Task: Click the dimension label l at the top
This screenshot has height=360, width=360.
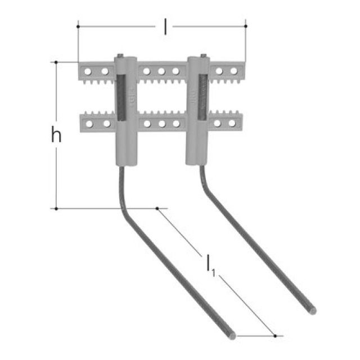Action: pyautogui.click(x=165, y=26)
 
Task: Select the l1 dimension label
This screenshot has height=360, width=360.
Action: pyautogui.click(x=209, y=265)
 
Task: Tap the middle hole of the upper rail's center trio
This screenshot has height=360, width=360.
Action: pyautogui.click(x=161, y=71)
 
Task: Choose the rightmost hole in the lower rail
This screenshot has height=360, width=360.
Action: pyautogui.click(x=233, y=123)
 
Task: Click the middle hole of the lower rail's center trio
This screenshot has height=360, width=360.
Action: pyautogui.click(x=161, y=123)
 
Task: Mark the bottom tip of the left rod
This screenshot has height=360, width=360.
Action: pyautogui.click(x=231, y=336)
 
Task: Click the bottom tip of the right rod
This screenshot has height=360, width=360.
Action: pyautogui.click(x=312, y=310)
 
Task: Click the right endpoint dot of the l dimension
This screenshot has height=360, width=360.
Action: pyautogui.click(x=246, y=26)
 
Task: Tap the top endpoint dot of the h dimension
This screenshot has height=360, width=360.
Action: pyautogui.click(x=56, y=62)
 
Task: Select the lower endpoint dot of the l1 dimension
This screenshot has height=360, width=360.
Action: pyautogui.click(x=275, y=336)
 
